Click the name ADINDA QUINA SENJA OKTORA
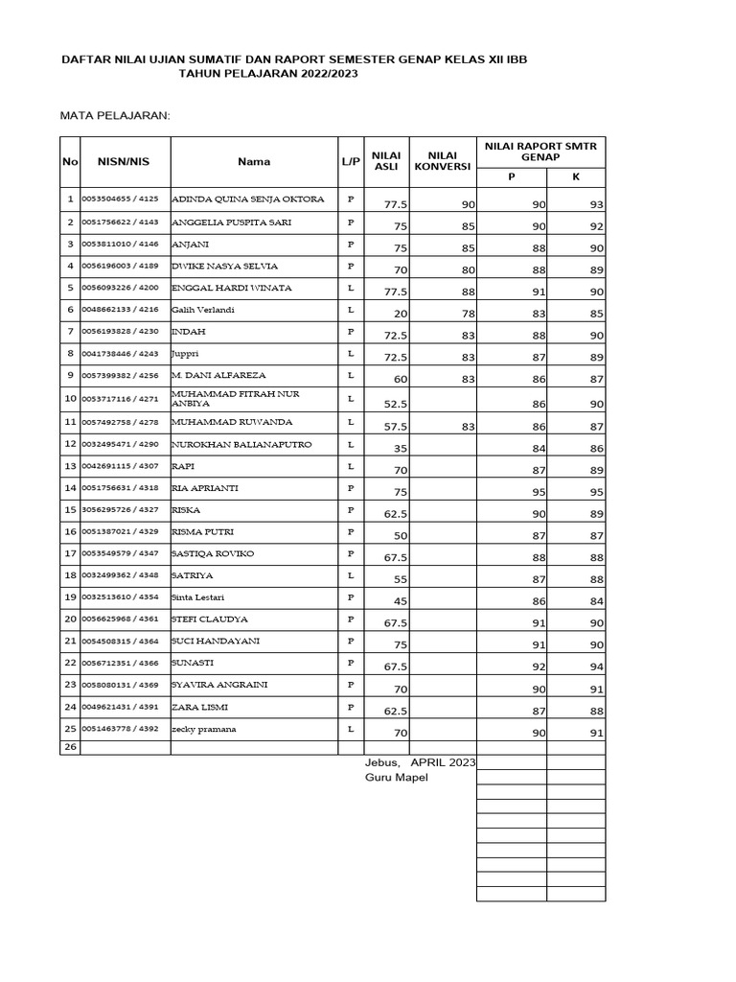(247, 199)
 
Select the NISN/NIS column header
(124, 162)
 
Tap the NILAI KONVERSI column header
(442, 161)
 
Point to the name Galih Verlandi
(202, 310)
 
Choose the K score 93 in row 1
(596, 204)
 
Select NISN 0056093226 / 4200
(121, 288)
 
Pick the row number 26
(69, 746)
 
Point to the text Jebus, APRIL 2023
(420, 761)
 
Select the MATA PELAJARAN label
(115, 115)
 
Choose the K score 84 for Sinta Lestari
(596, 601)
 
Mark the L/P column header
(350, 162)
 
